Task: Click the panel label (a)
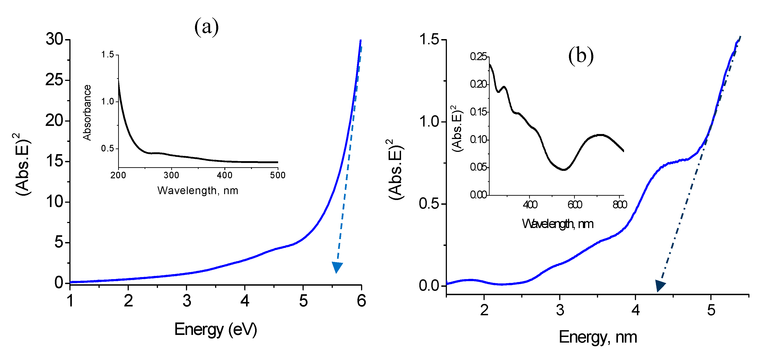(207, 27)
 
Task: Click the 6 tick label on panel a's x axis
(361, 301)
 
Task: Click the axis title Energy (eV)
(215, 329)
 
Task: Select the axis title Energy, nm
(598, 337)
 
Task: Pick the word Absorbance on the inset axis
(87, 113)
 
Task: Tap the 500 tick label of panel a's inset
(277, 175)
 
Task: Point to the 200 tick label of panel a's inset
(118, 175)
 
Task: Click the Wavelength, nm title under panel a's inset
(197, 191)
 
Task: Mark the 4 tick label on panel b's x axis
(635, 310)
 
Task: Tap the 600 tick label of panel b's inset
(575, 205)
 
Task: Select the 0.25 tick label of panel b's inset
(478, 56)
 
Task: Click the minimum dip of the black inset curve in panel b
(564, 170)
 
